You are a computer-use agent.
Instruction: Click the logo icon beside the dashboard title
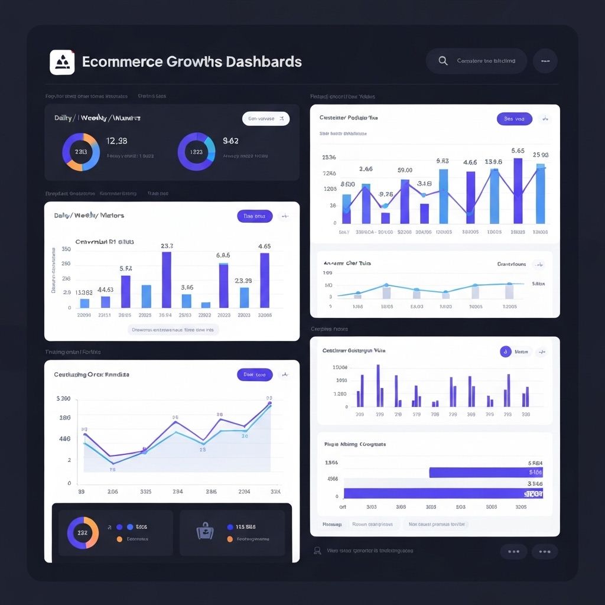[x=62, y=62]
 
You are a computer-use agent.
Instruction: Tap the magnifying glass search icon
[x=443, y=61]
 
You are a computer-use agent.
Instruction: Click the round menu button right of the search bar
[x=545, y=61]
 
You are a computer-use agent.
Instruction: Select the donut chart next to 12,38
[x=81, y=152]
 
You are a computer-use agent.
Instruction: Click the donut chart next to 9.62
[x=197, y=152]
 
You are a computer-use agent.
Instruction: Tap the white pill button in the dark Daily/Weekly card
[x=266, y=119]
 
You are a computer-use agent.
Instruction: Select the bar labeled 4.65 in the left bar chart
[x=265, y=280]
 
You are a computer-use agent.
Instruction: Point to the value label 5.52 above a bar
[x=125, y=268]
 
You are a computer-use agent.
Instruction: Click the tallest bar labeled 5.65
[x=518, y=190]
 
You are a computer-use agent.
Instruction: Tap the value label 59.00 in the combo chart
[x=405, y=170]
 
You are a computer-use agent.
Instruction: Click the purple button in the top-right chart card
[x=515, y=119]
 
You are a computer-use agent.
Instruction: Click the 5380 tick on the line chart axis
[x=63, y=399]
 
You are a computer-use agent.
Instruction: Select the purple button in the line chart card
[x=255, y=375]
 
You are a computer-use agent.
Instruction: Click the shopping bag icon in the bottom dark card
[x=204, y=532]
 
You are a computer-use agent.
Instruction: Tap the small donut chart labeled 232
[x=83, y=532]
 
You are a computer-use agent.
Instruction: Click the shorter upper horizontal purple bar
[x=486, y=472]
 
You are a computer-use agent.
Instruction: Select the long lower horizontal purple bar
[x=443, y=493]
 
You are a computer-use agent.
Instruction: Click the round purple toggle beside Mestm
[x=505, y=352]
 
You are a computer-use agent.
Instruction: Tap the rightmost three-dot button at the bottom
[x=544, y=552]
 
